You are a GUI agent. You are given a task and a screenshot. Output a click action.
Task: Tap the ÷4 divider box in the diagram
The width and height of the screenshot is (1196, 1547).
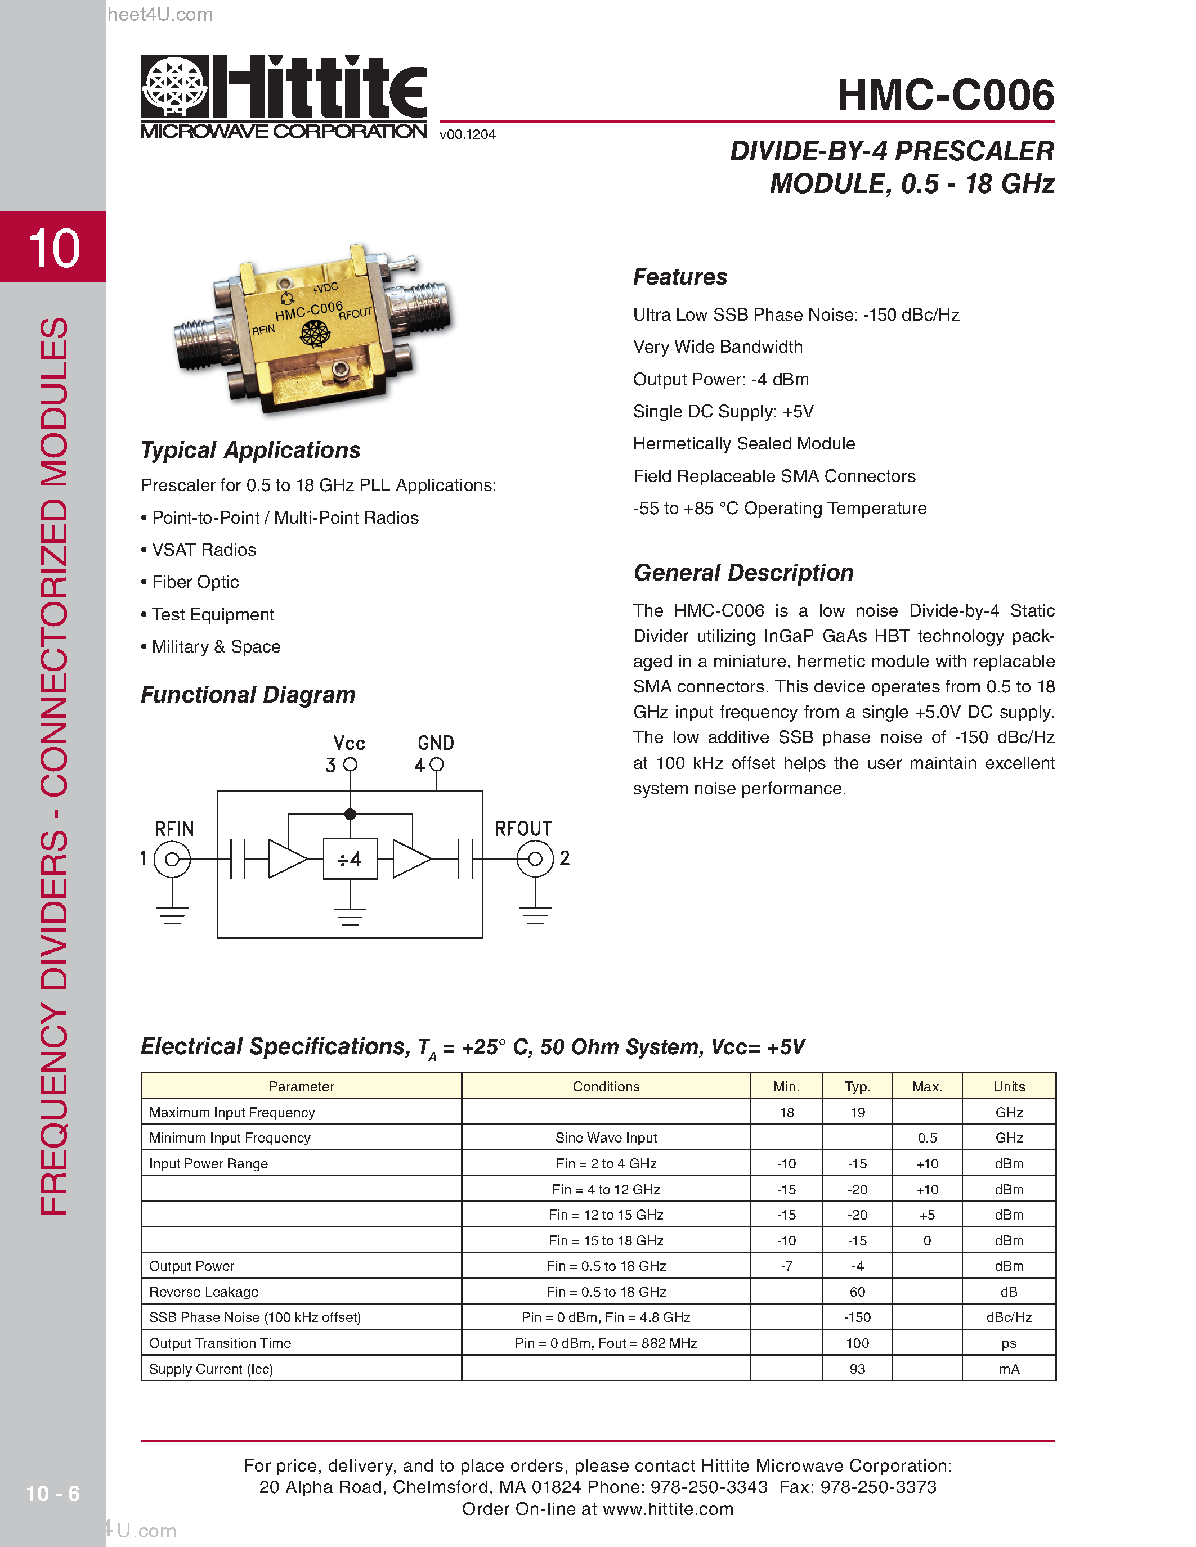click(350, 858)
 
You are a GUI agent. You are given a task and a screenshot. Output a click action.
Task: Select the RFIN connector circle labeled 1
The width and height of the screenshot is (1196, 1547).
click(172, 859)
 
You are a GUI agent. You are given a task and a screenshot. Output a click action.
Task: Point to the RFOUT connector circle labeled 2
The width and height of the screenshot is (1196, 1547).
click(535, 858)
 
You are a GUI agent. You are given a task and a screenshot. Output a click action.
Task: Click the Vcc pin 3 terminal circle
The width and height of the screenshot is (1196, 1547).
click(350, 765)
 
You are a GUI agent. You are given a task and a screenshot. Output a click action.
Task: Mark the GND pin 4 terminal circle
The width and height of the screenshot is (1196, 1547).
click(436, 765)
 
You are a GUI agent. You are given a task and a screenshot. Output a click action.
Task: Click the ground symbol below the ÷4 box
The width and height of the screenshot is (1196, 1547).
click(350, 916)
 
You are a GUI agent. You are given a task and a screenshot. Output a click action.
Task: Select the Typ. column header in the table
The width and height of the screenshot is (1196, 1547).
click(857, 1086)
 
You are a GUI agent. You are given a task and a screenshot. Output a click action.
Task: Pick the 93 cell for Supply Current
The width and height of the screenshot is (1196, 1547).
click(857, 1369)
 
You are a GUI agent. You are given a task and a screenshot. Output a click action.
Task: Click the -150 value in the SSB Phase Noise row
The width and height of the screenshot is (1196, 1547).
click(857, 1317)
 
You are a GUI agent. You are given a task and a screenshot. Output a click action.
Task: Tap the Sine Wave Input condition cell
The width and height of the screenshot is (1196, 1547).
click(606, 1137)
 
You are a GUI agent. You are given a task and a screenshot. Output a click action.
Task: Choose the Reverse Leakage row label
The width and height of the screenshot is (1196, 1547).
click(204, 1291)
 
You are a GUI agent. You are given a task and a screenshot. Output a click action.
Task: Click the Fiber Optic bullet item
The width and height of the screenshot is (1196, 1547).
click(195, 582)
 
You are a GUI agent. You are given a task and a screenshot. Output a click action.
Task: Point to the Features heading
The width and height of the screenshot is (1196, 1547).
click(680, 277)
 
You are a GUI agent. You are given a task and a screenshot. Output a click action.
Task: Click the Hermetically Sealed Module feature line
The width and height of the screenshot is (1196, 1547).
click(744, 444)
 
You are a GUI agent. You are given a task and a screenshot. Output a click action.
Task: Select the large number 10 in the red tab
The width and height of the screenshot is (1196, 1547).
click(54, 248)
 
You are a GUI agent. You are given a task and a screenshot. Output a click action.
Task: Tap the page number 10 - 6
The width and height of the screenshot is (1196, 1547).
click(53, 1493)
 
